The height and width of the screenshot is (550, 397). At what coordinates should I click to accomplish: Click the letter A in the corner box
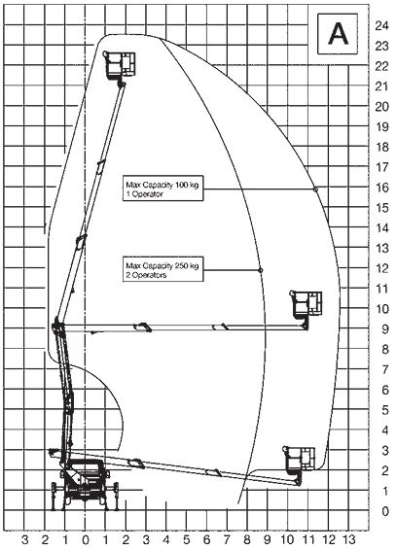pyautogui.click(x=338, y=34)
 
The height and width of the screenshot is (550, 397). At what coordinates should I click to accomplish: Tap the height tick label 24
pyautogui.click(x=381, y=25)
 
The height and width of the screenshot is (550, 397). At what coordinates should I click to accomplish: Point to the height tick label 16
pyautogui.click(x=381, y=188)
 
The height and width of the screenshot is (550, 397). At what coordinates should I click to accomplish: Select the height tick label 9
pyautogui.click(x=385, y=329)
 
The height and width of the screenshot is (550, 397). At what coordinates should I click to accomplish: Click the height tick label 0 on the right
pyautogui.click(x=385, y=511)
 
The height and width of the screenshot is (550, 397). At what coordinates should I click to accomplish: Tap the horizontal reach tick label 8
pyautogui.click(x=247, y=539)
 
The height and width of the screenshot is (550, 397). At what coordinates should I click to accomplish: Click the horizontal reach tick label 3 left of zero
pyautogui.click(x=24, y=539)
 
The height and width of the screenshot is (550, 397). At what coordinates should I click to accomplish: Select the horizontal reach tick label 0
pyautogui.click(x=86, y=539)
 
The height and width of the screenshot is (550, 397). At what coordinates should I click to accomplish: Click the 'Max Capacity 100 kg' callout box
pyautogui.click(x=163, y=189)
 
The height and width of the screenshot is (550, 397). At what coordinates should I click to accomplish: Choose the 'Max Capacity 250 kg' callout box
pyautogui.click(x=163, y=270)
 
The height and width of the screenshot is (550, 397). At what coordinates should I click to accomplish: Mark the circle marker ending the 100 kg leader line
pyautogui.click(x=315, y=189)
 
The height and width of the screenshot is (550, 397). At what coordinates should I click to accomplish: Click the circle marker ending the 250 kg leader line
pyautogui.click(x=261, y=270)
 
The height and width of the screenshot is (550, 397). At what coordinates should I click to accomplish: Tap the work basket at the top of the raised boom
pyautogui.click(x=120, y=64)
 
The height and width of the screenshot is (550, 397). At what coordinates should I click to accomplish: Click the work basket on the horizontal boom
pyautogui.click(x=306, y=304)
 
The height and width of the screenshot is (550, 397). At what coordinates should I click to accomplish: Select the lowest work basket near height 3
pyautogui.click(x=300, y=459)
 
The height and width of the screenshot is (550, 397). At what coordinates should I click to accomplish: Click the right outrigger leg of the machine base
pyautogui.click(x=116, y=496)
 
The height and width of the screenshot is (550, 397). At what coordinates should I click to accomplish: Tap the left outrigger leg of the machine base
pyautogui.click(x=54, y=496)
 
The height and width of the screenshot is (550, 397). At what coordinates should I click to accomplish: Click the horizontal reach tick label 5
pyautogui.click(x=186, y=539)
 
